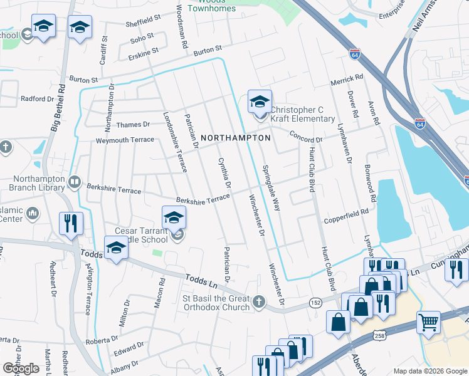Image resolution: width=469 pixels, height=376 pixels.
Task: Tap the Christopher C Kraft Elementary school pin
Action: click(x=260, y=102)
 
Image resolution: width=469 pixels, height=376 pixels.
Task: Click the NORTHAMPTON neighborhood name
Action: click(x=236, y=137)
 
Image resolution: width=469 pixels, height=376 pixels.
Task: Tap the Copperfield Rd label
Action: click(x=345, y=214)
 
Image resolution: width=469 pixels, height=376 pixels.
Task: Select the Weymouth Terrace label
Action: click(x=124, y=140)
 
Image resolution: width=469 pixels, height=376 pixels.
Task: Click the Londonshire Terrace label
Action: click(x=175, y=142)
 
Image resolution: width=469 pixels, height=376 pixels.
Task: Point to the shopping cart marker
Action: click(x=429, y=323)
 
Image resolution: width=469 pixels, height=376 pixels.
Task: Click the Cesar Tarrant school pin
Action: click(x=174, y=217)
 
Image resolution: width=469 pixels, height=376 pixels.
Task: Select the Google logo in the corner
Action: click(x=21, y=368)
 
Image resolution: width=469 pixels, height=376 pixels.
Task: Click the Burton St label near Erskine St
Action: click(x=208, y=48)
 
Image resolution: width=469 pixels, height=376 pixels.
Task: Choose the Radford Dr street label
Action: click(x=37, y=99)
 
